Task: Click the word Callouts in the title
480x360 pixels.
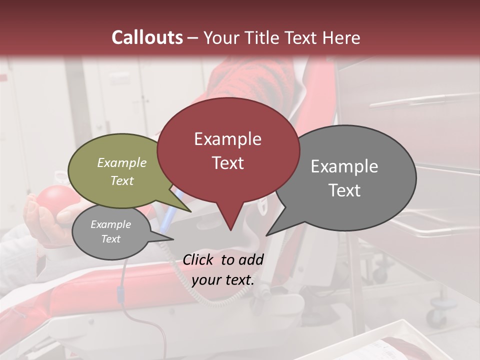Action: (147, 37)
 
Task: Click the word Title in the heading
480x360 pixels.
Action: (261, 37)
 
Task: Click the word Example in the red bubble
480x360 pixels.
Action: (227, 139)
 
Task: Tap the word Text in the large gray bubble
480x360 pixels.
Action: (345, 190)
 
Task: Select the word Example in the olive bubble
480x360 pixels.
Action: (122, 163)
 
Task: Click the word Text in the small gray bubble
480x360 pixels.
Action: (111, 239)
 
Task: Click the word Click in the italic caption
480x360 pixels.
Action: (199, 259)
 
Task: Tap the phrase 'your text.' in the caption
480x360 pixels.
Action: (223, 280)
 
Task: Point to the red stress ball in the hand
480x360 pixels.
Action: (54, 200)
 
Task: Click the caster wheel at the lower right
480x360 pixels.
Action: (436, 316)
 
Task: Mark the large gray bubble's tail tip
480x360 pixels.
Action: (267, 235)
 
